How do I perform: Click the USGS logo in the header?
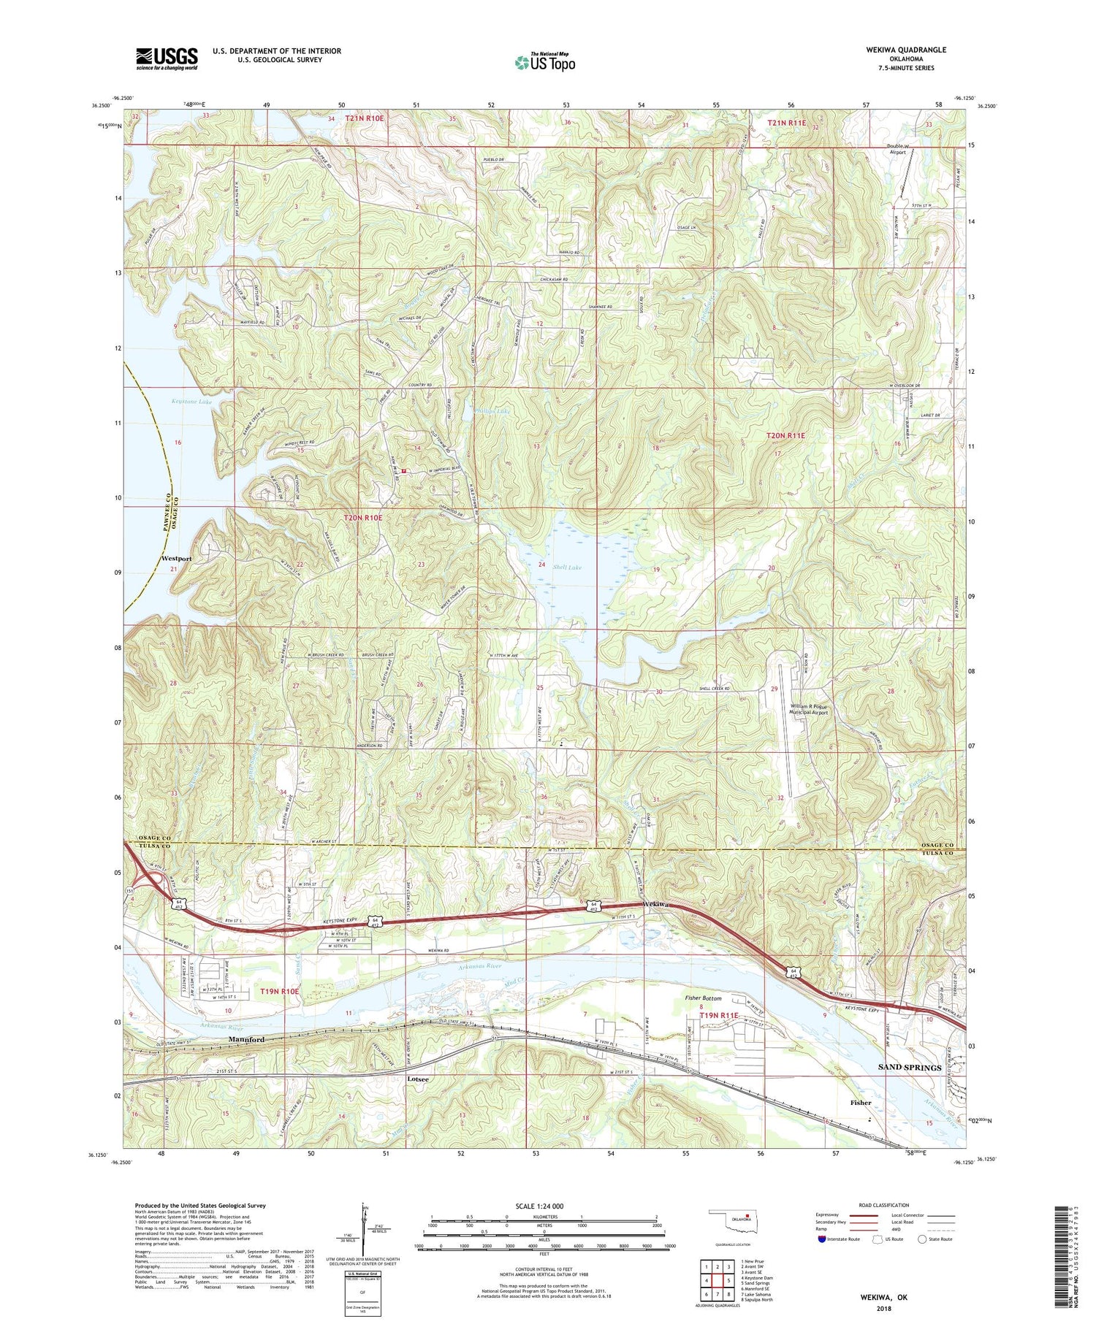pyautogui.click(x=167, y=58)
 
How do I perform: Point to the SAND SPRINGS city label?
pyautogui.click(x=909, y=1068)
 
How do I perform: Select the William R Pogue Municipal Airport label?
pyautogui.click(x=810, y=708)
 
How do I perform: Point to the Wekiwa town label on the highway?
pyautogui.click(x=657, y=905)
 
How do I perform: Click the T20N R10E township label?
pyautogui.click(x=363, y=518)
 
